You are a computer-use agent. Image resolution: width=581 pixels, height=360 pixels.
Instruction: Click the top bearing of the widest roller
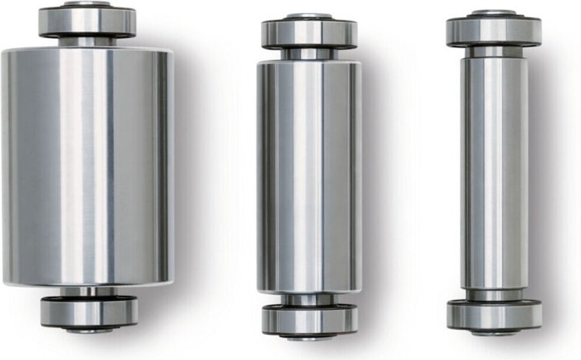pos(87,22)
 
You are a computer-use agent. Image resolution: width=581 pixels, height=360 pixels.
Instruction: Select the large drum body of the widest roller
pos(87,166)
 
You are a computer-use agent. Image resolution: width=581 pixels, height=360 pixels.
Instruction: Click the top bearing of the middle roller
pos(309,34)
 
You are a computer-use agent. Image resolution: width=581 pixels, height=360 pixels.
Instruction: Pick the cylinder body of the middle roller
pos(308,176)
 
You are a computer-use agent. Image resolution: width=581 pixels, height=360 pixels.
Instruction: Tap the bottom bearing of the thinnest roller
pos(494,314)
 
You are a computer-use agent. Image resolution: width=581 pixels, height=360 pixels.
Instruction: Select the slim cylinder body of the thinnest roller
pos(494,173)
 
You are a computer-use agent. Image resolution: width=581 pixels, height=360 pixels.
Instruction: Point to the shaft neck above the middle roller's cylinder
pos(309,54)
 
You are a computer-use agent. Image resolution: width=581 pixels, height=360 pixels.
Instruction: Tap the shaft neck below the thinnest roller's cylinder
pos(494,295)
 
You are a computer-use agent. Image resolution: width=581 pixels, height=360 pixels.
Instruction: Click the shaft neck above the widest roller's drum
pos(87,42)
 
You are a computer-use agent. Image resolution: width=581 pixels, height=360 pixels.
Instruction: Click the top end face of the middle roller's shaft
pos(309,16)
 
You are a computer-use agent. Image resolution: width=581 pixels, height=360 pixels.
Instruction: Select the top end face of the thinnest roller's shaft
pos(494,12)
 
